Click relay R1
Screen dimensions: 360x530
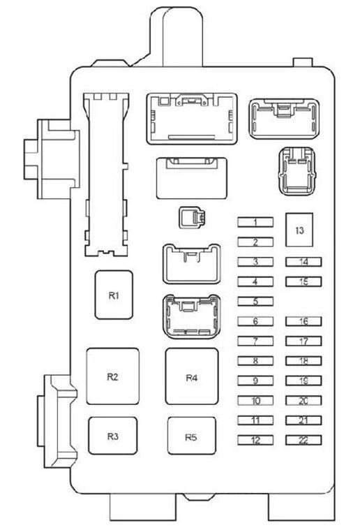(114, 295)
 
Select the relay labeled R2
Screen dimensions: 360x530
(113, 376)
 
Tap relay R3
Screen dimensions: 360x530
(113, 436)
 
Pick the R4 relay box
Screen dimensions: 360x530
(192, 376)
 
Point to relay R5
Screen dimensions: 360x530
(192, 436)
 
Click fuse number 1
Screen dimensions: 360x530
(255, 222)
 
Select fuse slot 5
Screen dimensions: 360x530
(255, 301)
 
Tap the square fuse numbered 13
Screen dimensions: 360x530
(299, 230)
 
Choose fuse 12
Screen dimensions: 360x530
(255, 440)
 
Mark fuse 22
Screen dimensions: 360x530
(303, 440)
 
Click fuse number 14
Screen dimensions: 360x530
(303, 262)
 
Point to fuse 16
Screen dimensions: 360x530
(303, 321)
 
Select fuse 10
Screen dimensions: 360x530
(255, 400)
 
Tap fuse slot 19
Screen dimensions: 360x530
(303, 381)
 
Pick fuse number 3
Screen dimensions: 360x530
(255, 262)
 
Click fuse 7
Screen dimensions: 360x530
(255, 341)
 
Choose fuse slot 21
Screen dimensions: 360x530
(303, 420)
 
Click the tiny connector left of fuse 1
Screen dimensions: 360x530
(192, 217)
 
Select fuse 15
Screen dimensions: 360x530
(303, 281)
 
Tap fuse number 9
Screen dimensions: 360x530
(255, 381)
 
